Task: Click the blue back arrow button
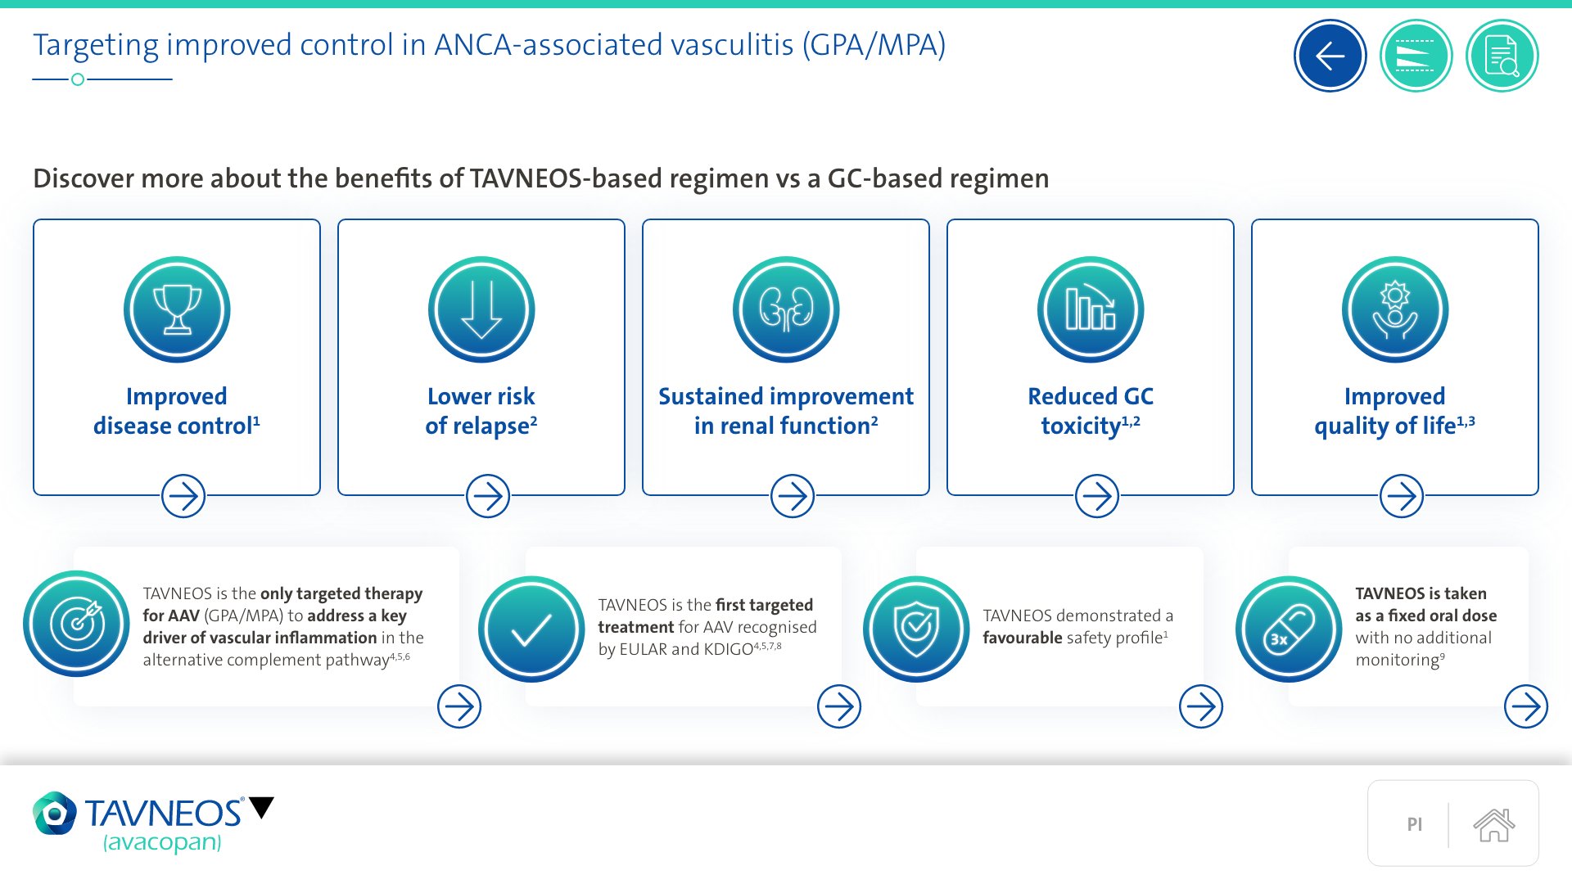click(x=1330, y=56)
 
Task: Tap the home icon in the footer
click(x=1493, y=824)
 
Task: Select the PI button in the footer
click(x=1414, y=824)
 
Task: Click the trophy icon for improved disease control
click(x=177, y=309)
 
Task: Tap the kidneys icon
click(x=786, y=309)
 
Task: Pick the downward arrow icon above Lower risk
click(x=481, y=309)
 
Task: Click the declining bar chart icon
click(x=1091, y=309)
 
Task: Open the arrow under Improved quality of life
click(x=1401, y=496)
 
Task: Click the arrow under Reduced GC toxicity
click(x=1096, y=496)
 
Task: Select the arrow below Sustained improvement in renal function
click(x=792, y=496)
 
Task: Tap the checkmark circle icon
click(x=531, y=629)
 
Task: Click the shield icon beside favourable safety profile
click(x=916, y=629)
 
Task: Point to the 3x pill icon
click(x=1289, y=629)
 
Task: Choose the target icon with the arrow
click(x=77, y=624)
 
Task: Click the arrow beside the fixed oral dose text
click(x=1525, y=706)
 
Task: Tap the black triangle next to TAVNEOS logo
click(x=262, y=807)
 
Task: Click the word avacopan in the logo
click(x=162, y=842)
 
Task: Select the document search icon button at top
click(x=1502, y=56)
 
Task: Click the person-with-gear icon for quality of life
click(x=1395, y=309)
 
